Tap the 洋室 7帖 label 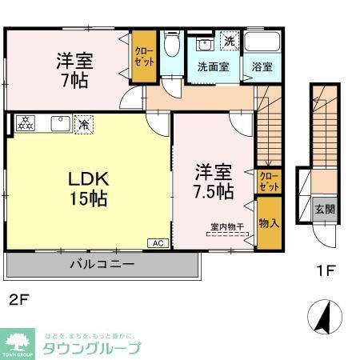[x=71, y=70]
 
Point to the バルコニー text [x=102, y=262]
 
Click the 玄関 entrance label [x=324, y=210]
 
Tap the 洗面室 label [x=214, y=67]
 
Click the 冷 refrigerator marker [x=83, y=124]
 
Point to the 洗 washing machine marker [x=229, y=41]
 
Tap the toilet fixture [x=171, y=46]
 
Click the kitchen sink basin [x=59, y=123]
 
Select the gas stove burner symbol [x=26, y=123]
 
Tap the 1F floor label [x=322, y=270]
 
